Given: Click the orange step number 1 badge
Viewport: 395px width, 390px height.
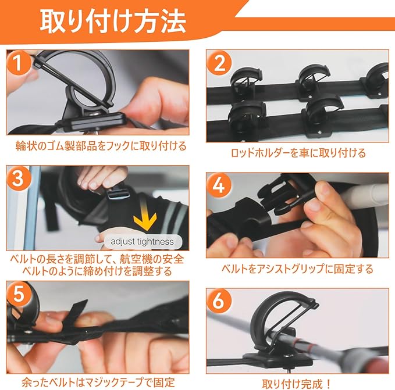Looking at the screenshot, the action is coord(18,62).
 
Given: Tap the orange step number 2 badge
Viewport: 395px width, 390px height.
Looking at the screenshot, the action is coord(219,63).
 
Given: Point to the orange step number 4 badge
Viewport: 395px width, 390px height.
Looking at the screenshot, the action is coord(219,185).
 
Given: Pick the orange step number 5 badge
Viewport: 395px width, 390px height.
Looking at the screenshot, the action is coord(19,294).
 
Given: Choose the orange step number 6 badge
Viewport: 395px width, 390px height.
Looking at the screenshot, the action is coord(219,301).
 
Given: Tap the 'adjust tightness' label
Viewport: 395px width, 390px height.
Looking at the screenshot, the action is coord(143,242).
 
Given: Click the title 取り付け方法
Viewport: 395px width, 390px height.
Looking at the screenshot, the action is coord(113,22).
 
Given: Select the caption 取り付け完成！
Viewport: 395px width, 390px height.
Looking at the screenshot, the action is coord(297,384).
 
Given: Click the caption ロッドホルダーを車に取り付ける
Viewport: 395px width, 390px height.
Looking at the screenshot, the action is coord(298,153).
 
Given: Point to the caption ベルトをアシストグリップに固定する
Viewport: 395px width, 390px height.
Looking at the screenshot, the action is coord(297,269).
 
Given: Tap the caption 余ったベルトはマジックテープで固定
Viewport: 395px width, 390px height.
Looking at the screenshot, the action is coord(98,382).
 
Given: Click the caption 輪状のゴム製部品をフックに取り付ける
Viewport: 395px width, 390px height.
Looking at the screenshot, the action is coord(101,146).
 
